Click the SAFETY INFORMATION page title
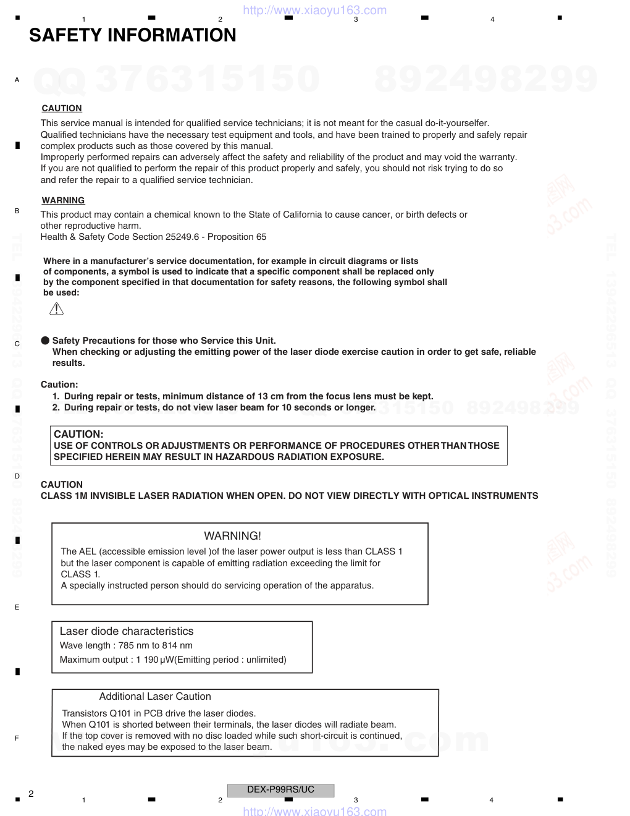point(133,35)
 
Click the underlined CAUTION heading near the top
point(62,108)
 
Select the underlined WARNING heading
point(63,200)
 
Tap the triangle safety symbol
point(56,308)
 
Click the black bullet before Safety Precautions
point(45,341)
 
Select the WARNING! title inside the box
point(232,536)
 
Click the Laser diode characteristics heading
point(127,631)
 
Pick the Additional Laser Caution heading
point(155,696)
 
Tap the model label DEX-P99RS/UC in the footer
point(280,789)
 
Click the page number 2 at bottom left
point(31,794)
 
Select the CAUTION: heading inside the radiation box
point(78,434)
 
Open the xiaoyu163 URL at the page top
point(315,10)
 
